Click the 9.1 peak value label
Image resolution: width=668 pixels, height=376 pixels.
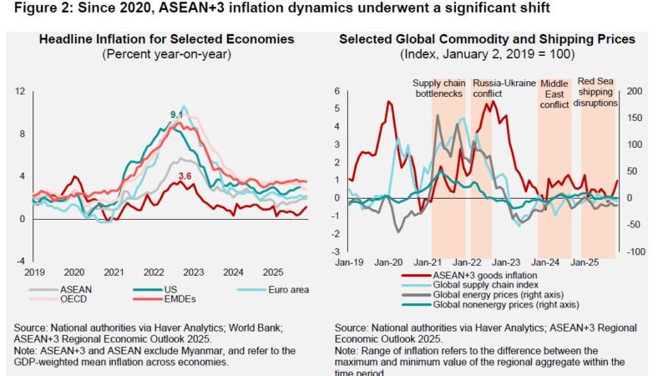tap(176, 114)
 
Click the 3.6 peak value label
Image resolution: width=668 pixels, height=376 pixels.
tap(187, 175)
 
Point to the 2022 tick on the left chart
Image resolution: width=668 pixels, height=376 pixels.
tap(154, 272)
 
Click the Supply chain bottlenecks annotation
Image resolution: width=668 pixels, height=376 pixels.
tap(439, 89)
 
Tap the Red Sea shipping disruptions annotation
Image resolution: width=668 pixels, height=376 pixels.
tap(597, 93)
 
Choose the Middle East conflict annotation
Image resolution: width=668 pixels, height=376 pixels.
tap(554, 94)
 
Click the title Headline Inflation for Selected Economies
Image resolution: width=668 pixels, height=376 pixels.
tap(165, 39)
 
